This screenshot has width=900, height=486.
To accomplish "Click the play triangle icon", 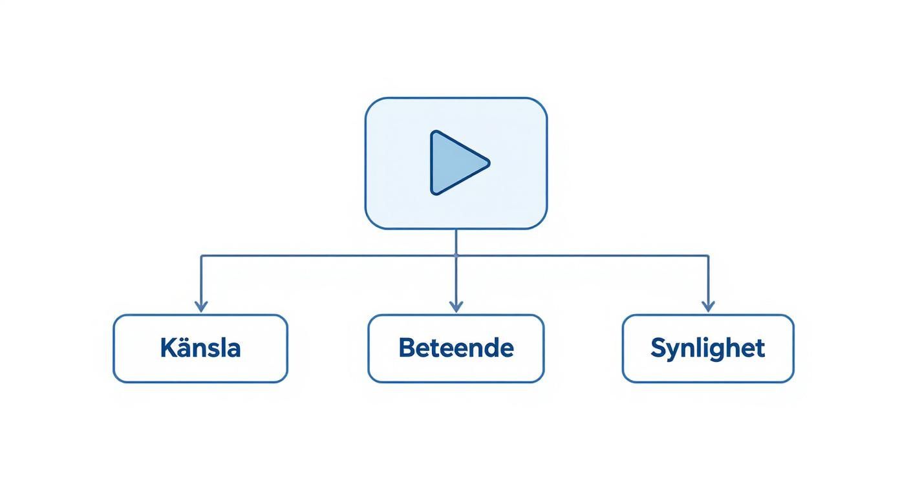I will tap(456, 163).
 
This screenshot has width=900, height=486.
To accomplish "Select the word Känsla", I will tap(200, 348).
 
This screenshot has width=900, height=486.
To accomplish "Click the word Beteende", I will tap(456, 348).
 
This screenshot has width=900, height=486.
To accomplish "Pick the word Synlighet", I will tap(707, 348).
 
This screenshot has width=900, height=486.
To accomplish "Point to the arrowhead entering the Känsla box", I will tap(201, 306).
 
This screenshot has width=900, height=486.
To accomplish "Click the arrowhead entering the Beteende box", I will tap(456, 306).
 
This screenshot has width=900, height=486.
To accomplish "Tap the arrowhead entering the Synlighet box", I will tap(708, 306).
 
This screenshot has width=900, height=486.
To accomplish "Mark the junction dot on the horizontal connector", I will tap(456, 256).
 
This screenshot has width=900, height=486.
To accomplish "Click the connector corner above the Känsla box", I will tap(201, 256).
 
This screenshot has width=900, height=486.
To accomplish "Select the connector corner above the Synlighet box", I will tap(708, 256).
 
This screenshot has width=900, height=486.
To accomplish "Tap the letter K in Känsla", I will tap(167, 348).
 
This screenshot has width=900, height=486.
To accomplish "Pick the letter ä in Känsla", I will tap(184, 348).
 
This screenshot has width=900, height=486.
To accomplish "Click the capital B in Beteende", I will tap(406, 348).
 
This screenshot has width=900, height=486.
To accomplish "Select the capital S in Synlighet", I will tap(658, 348).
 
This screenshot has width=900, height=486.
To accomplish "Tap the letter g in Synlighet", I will tap(720, 350).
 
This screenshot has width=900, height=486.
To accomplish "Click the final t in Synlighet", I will tap(760, 348).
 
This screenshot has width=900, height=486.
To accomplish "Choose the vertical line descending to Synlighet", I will tap(708, 278).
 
